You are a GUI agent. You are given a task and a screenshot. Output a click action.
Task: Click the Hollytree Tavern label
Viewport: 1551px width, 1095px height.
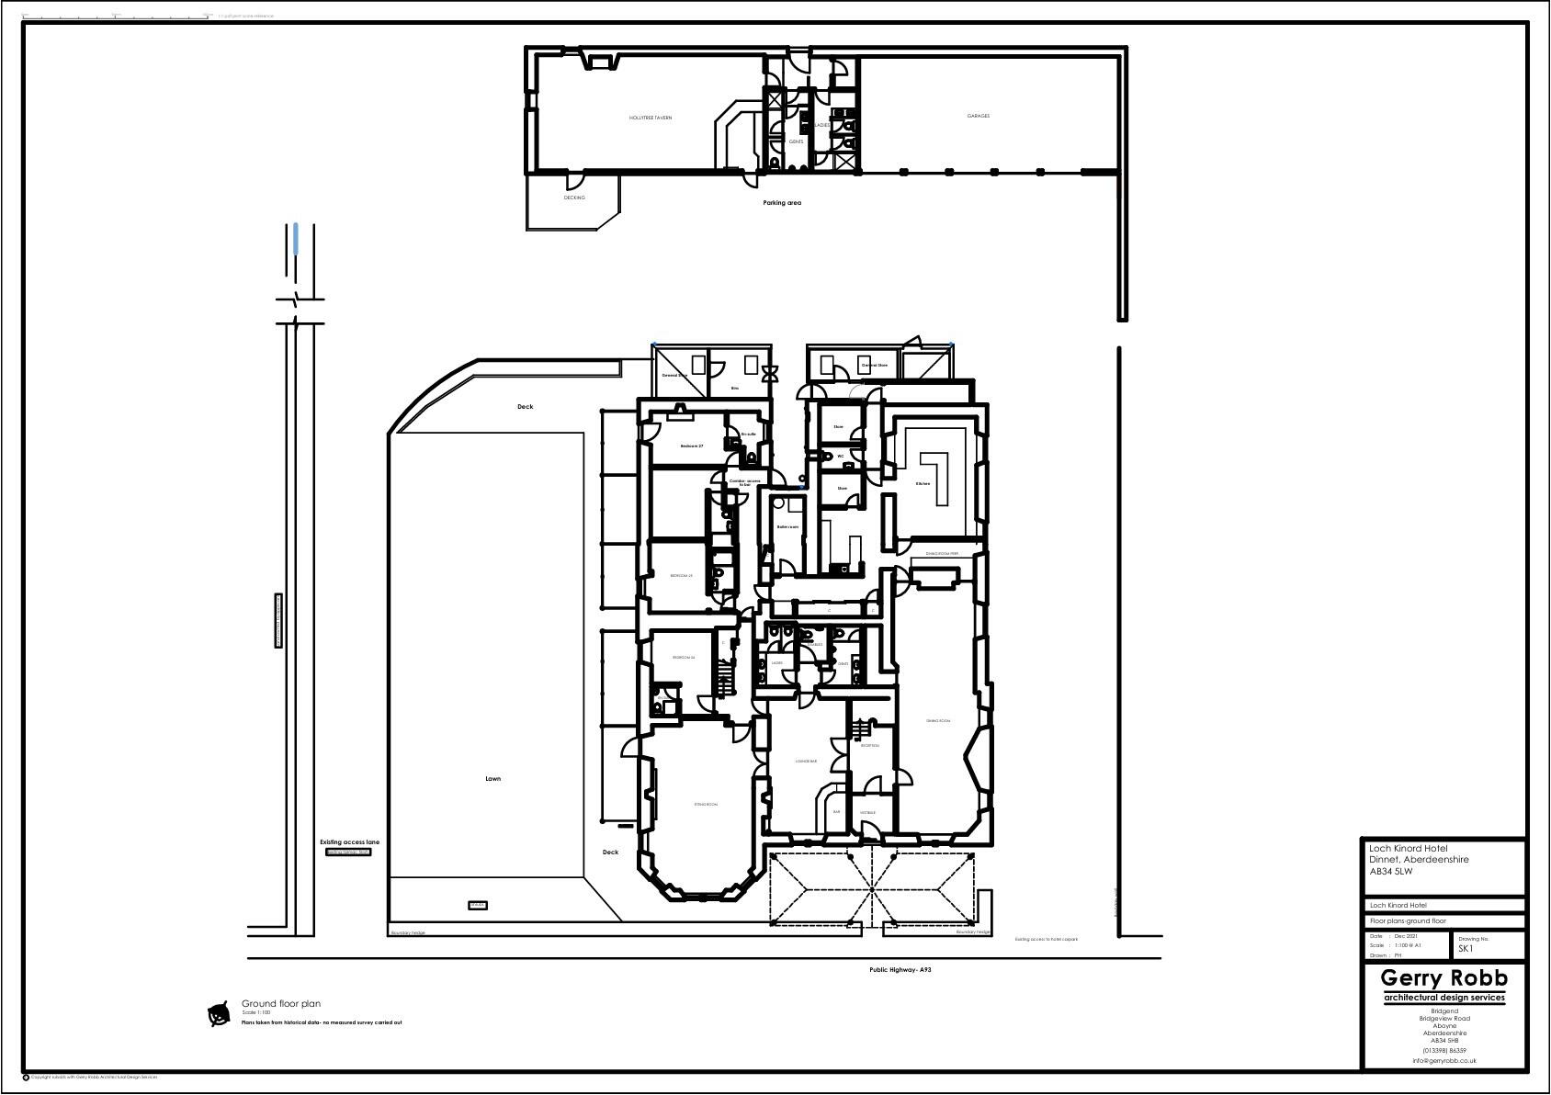tap(650, 118)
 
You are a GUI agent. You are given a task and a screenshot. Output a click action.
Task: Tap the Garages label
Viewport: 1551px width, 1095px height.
tap(978, 116)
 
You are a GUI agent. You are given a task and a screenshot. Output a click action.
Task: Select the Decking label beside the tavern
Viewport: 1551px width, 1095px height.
tap(573, 198)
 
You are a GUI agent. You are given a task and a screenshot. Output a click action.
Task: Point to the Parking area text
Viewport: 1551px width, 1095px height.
tap(782, 202)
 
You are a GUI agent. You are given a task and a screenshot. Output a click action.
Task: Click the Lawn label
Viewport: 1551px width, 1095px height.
tap(493, 779)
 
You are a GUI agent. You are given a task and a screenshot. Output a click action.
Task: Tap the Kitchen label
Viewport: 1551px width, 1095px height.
tap(923, 483)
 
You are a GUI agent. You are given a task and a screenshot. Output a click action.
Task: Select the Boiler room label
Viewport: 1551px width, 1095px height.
tap(787, 527)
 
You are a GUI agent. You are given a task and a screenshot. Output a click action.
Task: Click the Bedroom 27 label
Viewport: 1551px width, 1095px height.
tap(691, 446)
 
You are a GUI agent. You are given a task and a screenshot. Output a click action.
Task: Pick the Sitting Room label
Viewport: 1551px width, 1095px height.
tap(706, 805)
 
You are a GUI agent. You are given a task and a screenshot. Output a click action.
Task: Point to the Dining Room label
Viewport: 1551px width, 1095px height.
tap(938, 721)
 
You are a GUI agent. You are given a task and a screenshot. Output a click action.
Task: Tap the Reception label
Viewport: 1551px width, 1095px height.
tap(870, 746)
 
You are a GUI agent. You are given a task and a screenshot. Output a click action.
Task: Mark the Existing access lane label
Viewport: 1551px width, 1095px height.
tap(349, 841)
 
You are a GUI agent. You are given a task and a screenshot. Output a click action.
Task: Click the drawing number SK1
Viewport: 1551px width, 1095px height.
tap(1466, 949)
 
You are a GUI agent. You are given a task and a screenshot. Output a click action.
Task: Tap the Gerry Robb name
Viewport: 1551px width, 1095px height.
tap(1443, 978)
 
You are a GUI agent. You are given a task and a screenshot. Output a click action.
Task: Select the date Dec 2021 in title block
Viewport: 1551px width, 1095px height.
tap(1405, 936)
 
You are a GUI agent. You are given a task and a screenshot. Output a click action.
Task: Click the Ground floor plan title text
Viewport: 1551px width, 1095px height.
tap(280, 1004)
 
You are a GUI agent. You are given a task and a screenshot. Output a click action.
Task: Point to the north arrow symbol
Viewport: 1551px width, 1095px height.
tap(219, 1014)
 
